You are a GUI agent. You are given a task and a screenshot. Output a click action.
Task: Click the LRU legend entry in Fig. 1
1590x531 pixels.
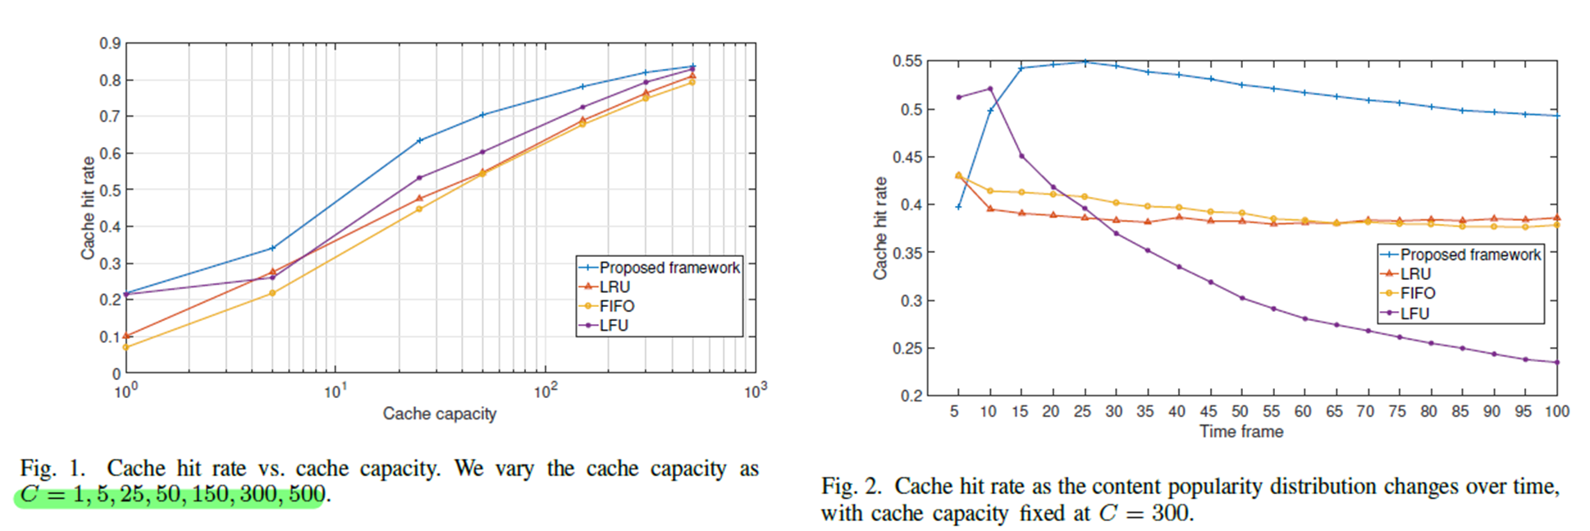615,286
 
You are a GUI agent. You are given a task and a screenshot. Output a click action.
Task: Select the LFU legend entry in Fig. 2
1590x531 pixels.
1414,314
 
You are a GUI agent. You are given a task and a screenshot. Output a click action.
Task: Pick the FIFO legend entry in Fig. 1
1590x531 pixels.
616,306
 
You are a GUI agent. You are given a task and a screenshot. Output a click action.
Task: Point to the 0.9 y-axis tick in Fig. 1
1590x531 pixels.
110,43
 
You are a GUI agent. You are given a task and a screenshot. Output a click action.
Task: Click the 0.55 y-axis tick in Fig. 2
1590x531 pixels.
907,62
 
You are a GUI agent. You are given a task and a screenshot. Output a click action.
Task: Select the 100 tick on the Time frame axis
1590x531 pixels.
1556,411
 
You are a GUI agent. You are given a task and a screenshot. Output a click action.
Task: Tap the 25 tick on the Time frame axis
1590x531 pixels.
1082,411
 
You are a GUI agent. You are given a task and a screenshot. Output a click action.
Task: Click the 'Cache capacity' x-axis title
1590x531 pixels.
439,414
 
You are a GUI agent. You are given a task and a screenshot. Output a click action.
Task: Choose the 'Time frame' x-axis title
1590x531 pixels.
1240,432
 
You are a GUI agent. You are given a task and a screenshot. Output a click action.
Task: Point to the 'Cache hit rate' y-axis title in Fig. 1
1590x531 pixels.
88,208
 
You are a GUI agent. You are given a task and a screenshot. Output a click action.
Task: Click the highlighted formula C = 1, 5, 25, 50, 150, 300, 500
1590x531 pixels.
172,495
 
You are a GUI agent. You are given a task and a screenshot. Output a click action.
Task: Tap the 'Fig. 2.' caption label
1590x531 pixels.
851,487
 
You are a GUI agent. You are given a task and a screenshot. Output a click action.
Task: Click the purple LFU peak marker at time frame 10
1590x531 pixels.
990,89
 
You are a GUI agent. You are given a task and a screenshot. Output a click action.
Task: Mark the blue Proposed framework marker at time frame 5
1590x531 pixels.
958,207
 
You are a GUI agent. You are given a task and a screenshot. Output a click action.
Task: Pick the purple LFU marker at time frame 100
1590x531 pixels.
1557,362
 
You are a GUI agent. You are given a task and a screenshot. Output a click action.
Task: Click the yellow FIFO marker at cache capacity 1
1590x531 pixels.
126,347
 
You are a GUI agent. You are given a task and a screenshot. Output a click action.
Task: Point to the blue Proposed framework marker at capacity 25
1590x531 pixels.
419,140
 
